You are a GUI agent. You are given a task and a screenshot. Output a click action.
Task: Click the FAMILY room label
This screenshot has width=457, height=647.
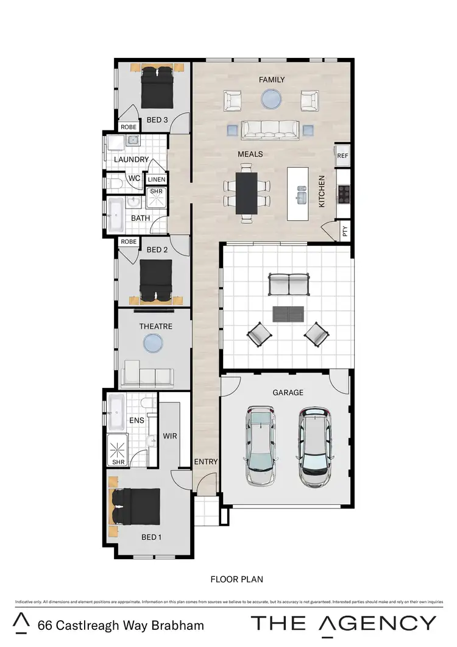click(x=272, y=80)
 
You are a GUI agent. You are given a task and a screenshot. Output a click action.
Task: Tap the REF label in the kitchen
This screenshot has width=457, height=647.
click(x=342, y=156)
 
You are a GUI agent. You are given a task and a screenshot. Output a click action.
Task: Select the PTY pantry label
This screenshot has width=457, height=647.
click(x=345, y=232)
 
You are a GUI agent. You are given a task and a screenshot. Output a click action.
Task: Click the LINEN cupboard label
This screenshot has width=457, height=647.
click(x=157, y=179)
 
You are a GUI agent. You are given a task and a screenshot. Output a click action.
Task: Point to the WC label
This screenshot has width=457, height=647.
click(x=134, y=179)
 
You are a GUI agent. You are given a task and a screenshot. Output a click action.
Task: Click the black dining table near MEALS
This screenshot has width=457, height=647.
click(x=247, y=193)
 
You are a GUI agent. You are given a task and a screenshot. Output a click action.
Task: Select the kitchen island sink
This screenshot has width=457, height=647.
click(x=300, y=197)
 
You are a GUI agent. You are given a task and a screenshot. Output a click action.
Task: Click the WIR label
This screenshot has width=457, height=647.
click(x=169, y=437)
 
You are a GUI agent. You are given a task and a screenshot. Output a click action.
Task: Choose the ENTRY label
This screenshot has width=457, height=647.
click(x=205, y=462)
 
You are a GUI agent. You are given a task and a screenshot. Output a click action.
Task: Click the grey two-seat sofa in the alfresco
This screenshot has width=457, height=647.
click(x=289, y=285)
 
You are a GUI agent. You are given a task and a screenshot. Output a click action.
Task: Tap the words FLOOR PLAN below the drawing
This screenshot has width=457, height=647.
click(x=236, y=579)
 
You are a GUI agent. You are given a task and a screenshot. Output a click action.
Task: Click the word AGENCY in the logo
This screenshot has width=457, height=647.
click(x=380, y=623)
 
